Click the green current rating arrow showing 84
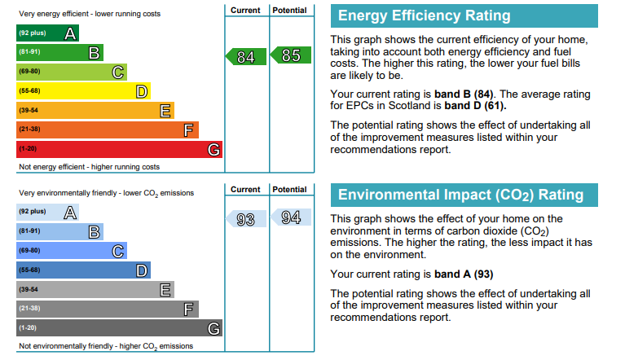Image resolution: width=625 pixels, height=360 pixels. [x=246, y=56]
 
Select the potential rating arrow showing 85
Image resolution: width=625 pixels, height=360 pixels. [x=291, y=55]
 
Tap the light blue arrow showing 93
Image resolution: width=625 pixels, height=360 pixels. [x=246, y=219]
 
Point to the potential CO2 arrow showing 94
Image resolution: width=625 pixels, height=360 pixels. [x=291, y=217]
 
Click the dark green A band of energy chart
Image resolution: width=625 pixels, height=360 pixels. [x=47, y=33]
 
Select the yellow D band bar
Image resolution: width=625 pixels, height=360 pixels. [x=83, y=91]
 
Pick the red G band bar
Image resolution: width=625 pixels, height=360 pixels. [x=119, y=149]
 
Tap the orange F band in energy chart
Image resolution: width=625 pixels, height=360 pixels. [x=108, y=130]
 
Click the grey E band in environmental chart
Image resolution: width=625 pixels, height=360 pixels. [x=95, y=289]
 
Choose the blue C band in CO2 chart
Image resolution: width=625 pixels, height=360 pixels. [x=72, y=251]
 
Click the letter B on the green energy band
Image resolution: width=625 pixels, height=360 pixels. [x=94, y=53]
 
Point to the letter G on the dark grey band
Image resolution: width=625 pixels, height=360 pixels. [x=213, y=328]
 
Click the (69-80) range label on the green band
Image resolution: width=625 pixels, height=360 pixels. [x=29, y=72]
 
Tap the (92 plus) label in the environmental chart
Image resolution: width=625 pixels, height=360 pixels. [x=33, y=211]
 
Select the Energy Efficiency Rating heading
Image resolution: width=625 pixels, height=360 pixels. [x=424, y=15]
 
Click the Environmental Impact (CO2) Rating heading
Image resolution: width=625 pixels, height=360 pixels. [x=460, y=195]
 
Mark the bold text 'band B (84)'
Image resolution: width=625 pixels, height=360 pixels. [x=464, y=94]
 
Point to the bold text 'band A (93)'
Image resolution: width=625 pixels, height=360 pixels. [x=464, y=274]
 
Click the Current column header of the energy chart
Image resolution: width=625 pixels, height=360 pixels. [x=245, y=11]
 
